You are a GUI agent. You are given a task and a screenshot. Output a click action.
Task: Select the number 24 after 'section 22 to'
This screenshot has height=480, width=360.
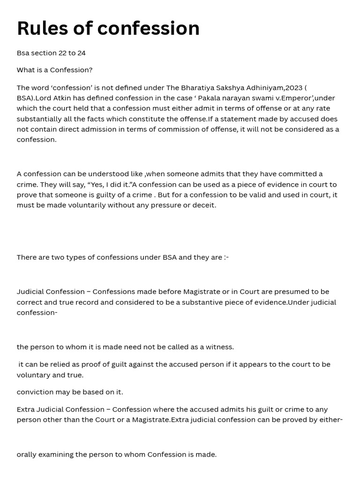[x=82, y=53]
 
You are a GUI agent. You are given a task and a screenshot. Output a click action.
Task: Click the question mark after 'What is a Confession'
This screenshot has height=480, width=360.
[x=90, y=70]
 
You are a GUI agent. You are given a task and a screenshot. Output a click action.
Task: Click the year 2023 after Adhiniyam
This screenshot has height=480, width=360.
[x=293, y=88]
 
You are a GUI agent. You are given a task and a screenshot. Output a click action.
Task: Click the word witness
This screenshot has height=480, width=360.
[x=218, y=347]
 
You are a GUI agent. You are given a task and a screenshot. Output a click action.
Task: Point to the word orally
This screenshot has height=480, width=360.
[x=27, y=454]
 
